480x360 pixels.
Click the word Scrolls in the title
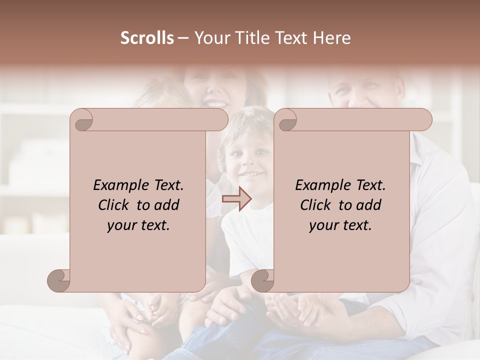(x=147, y=38)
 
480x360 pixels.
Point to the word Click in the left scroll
(x=115, y=205)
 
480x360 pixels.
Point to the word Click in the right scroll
(x=317, y=205)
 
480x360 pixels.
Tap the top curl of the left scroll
(x=82, y=120)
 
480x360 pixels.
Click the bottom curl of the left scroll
(x=59, y=280)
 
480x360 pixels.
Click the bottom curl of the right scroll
(x=263, y=280)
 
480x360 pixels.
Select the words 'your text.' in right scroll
(x=340, y=225)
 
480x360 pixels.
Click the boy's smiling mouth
(x=250, y=175)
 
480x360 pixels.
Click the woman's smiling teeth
(x=216, y=104)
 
